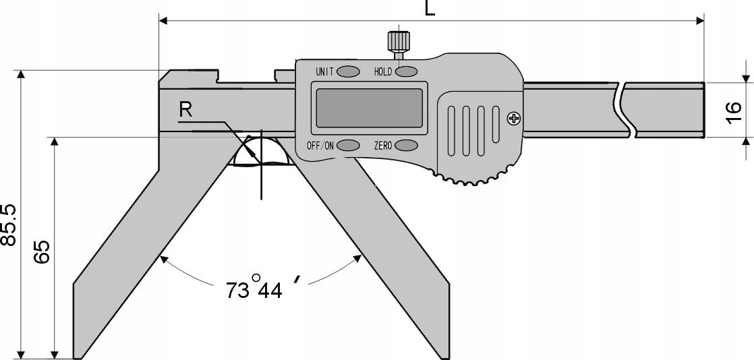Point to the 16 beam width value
(734, 110)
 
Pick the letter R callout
(185, 110)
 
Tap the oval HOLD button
(407, 71)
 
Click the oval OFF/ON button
(348, 145)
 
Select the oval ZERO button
(407, 145)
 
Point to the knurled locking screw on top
(397, 41)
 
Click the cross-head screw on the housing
(515, 119)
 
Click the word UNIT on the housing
(324, 71)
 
